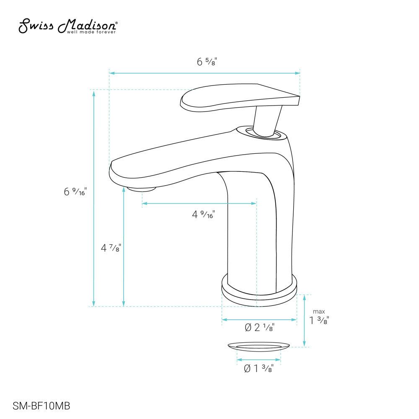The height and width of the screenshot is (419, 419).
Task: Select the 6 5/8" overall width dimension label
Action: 207,62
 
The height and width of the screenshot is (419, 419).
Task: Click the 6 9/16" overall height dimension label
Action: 75,192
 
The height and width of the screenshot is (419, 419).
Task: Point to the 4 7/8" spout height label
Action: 111,248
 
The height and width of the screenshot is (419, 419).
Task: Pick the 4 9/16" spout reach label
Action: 203,215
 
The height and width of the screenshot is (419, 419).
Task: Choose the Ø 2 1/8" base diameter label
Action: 259,328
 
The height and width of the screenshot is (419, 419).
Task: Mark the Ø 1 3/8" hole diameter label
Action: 259,369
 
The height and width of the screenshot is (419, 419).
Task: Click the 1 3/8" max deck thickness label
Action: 319,321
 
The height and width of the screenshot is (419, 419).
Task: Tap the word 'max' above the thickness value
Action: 319,311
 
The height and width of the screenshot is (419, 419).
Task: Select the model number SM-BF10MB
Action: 41,406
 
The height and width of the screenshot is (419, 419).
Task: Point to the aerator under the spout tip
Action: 142,189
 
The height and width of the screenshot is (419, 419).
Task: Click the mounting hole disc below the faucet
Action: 259,346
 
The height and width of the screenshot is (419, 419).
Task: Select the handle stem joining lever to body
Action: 266,119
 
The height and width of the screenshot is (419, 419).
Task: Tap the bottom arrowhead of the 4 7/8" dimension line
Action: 124,303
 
